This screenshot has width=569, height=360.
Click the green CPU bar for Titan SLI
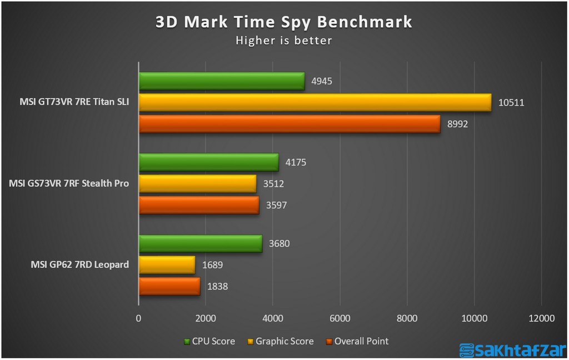tap(222, 81)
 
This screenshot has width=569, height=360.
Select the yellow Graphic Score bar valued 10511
tap(315, 102)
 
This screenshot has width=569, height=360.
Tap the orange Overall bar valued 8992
tap(290, 123)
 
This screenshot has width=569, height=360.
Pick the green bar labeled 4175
tap(208, 162)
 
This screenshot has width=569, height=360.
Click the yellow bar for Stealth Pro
tap(197, 183)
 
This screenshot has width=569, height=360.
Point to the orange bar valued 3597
tap(199, 205)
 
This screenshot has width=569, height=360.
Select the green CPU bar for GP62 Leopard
tap(200, 243)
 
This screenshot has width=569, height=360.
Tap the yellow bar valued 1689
tap(167, 264)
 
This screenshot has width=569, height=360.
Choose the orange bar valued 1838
tap(169, 286)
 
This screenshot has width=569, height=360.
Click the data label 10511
tap(512, 103)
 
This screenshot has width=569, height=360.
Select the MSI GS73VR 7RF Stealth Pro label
tap(69, 183)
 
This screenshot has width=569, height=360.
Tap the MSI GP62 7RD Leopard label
tap(79, 264)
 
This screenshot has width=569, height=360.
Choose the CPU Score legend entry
tap(209, 341)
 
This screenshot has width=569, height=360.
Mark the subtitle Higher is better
tap(284, 40)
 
